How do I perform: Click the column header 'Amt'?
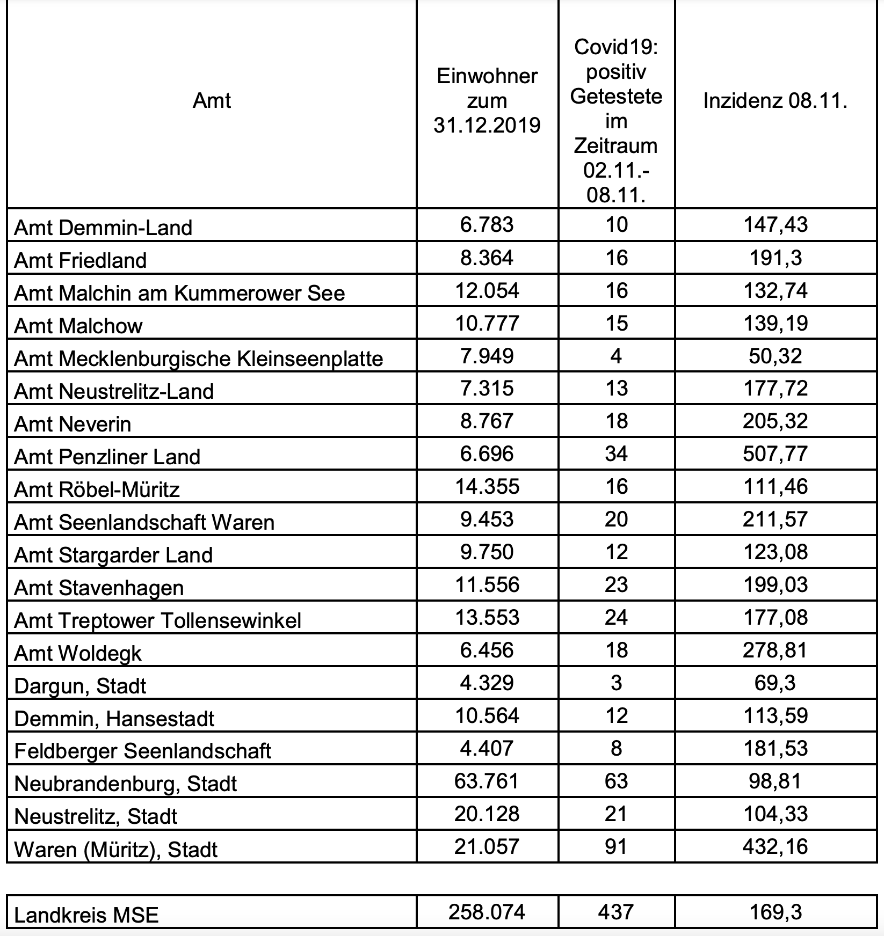click(x=212, y=101)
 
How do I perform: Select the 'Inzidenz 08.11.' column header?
click(x=775, y=101)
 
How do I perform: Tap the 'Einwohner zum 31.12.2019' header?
click(x=487, y=101)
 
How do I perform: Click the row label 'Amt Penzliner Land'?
click(x=107, y=457)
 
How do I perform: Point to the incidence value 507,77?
click(x=775, y=454)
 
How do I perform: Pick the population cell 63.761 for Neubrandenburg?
click(x=487, y=780)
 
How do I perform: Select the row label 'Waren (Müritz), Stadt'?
click(x=115, y=850)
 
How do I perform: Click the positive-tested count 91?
click(x=616, y=846)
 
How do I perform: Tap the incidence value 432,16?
click(x=775, y=846)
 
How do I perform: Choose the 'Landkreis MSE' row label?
click(x=86, y=915)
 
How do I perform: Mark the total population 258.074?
click(x=487, y=912)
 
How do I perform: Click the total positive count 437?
click(x=616, y=912)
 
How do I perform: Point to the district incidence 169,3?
click(x=775, y=912)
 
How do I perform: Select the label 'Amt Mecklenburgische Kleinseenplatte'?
click(x=198, y=359)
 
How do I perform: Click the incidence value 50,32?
click(x=775, y=356)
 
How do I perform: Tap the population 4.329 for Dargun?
click(x=487, y=683)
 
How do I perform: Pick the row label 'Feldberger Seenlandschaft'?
click(x=142, y=751)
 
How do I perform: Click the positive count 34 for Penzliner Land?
click(x=616, y=454)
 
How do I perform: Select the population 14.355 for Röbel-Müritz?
click(x=487, y=486)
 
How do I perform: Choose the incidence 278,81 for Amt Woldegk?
click(x=775, y=650)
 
